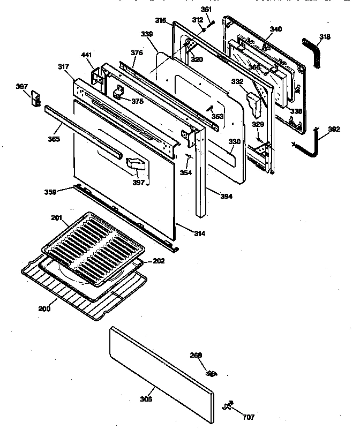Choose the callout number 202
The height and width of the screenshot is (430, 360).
pos(159,261)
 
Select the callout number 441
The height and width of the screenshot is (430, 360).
pos(86,55)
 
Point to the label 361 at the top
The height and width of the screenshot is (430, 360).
pos(206,9)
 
